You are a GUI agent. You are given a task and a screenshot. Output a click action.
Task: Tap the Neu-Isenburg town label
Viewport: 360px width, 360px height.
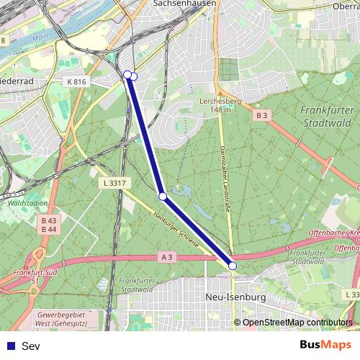[x=235, y=297]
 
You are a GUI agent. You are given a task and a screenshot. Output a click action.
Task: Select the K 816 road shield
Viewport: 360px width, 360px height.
[x=76, y=82]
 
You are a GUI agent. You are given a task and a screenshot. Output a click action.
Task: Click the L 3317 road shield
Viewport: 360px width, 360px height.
[x=114, y=184]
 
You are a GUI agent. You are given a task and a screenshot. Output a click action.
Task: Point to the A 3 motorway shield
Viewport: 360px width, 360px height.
[x=167, y=257]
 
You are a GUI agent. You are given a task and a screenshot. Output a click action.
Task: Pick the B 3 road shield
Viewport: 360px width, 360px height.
[x=261, y=115]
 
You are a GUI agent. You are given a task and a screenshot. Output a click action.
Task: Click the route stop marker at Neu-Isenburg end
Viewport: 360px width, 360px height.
[x=232, y=266]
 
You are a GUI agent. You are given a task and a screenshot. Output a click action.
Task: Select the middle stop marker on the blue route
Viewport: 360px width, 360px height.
[x=163, y=196]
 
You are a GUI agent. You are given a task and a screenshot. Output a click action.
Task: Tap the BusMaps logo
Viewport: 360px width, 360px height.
[x=325, y=346]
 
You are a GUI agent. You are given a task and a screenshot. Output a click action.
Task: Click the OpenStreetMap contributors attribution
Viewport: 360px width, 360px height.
[x=297, y=323]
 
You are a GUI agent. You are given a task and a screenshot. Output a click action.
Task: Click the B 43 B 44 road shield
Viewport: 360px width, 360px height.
[x=49, y=225]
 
